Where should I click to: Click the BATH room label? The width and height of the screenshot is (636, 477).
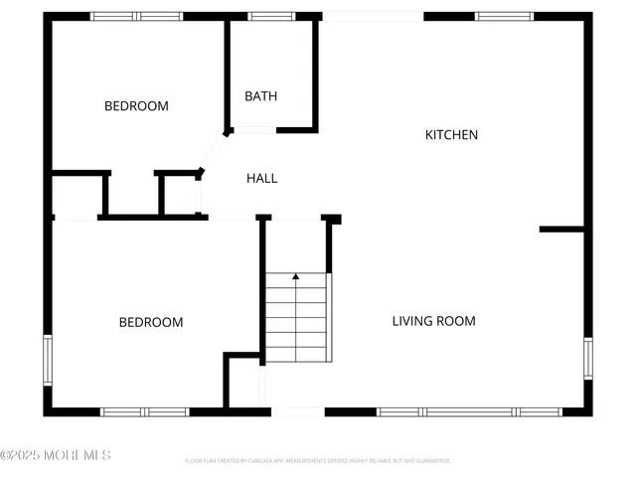tap(261, 96)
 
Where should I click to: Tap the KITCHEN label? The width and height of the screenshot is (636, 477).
tap(452, 135)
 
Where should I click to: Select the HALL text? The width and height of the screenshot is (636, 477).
tap(262, 179)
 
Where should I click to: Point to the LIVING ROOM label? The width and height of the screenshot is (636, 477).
tap(433, 321)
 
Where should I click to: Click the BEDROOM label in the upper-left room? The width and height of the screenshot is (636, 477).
tap(136, 106)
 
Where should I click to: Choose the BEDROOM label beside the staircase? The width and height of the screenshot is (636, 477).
tap(151, 322)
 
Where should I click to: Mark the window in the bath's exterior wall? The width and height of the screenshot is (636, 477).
tap(264, 16)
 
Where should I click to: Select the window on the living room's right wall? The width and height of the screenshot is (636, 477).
tap(588, 359)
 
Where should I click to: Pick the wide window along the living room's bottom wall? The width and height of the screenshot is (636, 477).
tap(469, 411)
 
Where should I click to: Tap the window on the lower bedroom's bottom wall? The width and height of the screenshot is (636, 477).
tap(145, 411)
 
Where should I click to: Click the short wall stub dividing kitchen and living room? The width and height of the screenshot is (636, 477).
tap(561, 230)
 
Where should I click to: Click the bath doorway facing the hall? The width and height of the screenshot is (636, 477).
tap(253, 130)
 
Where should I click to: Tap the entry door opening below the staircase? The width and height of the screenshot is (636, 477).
tap(297, 411)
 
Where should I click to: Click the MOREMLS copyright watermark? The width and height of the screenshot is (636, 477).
tap(56, 455)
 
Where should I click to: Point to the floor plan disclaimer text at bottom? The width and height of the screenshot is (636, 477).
tap(318, 461)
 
